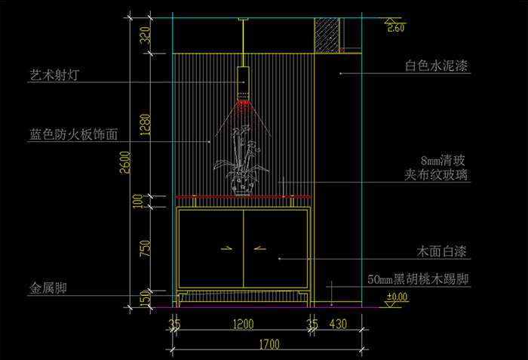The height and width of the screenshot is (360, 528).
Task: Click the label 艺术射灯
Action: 54,75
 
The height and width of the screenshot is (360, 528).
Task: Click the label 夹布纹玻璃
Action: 436,175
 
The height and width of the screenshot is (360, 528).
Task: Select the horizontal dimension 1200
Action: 243,325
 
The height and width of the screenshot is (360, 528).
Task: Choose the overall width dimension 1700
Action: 268,345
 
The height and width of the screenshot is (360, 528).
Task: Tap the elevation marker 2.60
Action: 396,28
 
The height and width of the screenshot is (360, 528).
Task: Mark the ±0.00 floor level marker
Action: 396,297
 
